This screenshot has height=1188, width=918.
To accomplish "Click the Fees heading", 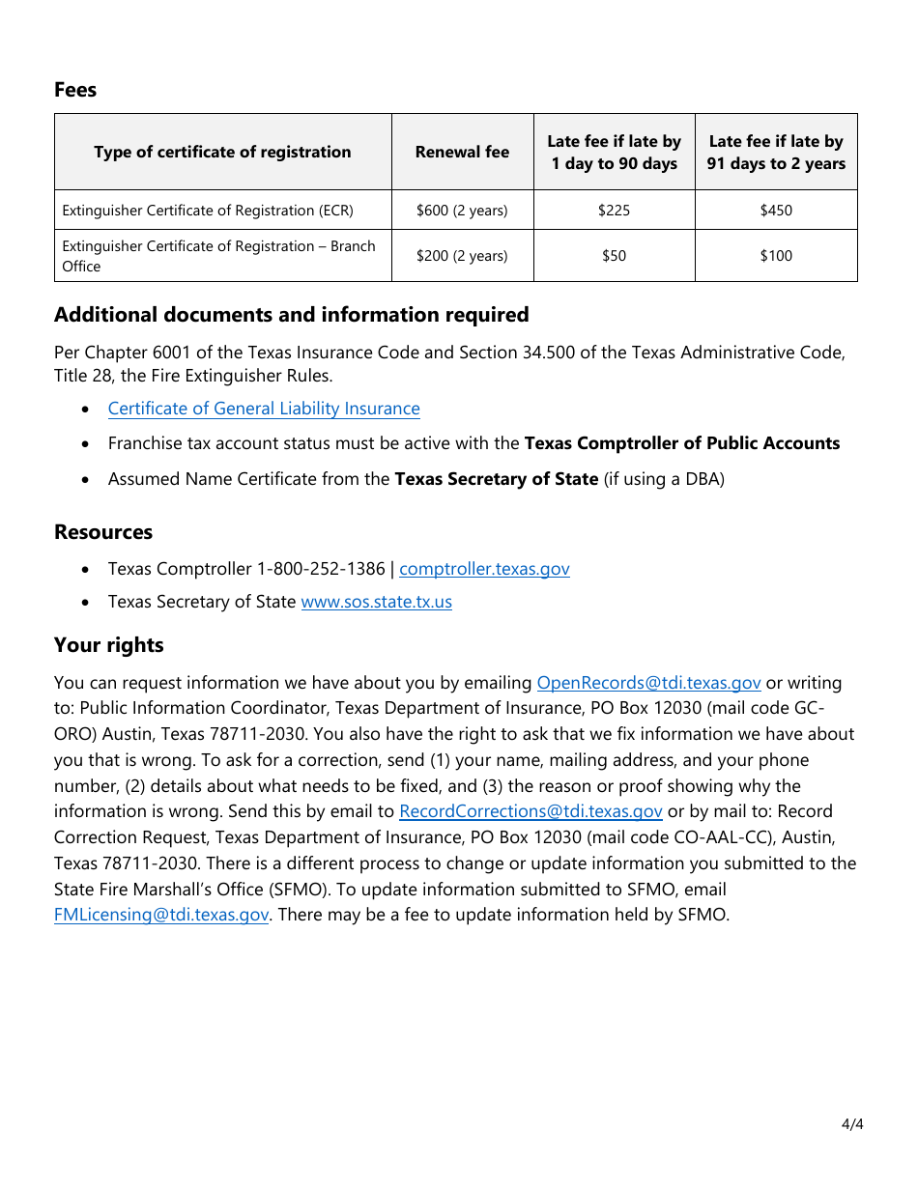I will click(x=75, y=90).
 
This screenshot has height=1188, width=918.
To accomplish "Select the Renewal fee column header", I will click(x=462, y=152).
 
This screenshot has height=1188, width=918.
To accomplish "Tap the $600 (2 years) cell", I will click(x=462, y=210).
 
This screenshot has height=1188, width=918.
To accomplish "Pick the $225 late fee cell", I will click(x=614, y=210).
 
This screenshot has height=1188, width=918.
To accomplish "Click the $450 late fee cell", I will click(x=776, y=210).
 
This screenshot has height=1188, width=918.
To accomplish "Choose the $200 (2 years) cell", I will click(x=462, y=256).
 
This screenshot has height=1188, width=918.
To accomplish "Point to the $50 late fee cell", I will click(x=614, y=256).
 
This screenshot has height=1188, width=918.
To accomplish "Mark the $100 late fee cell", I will click(x=776, y=256).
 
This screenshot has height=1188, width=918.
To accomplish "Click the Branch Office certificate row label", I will click(x=218, y=256).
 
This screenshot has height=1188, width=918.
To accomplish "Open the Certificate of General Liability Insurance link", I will click(x=264, y=409).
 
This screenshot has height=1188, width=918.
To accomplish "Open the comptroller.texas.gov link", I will click(x=484, y=569).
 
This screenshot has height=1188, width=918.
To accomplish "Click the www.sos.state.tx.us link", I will click(x=376, y=602).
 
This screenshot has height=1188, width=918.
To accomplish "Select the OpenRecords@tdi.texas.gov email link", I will click(x=648, y=683).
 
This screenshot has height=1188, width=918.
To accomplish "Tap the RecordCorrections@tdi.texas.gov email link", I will click(x=531, y=811).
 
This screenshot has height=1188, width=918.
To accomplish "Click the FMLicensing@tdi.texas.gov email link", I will click(x=161, y=915).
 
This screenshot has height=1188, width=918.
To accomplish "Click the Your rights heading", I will click(x=109, y=645).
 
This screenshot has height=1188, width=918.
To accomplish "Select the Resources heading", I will click(x=103, y=532).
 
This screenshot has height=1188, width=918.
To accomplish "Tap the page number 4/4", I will click(x=851, y=1124).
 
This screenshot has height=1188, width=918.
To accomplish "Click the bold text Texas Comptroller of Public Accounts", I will click(x=681, y=443).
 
